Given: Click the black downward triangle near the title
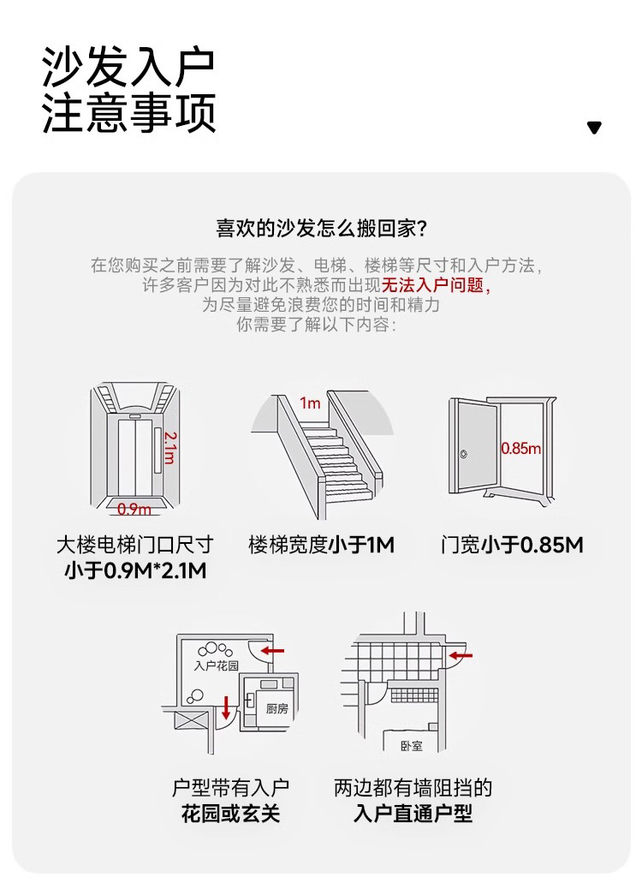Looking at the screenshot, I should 594,128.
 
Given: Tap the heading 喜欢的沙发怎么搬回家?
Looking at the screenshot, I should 321,229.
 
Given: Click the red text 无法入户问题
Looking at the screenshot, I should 437,285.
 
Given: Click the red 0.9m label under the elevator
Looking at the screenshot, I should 134,509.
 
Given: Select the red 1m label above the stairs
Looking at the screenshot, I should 309,403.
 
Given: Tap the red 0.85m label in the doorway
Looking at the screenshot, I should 520,448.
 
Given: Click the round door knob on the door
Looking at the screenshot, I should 464,453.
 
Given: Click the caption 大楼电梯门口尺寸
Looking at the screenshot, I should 134,544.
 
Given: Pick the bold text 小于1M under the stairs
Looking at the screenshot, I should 361,544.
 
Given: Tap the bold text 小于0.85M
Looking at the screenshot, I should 532,544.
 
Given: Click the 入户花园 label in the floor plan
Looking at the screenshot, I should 215,665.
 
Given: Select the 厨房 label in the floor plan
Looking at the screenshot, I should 276,708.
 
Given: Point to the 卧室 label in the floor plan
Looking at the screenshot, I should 412,745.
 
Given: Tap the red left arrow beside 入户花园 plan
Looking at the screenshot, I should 272,651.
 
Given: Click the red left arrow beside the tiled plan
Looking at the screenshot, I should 461,656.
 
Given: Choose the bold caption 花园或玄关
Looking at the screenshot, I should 230,814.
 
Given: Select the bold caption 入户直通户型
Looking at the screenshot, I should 413,814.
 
